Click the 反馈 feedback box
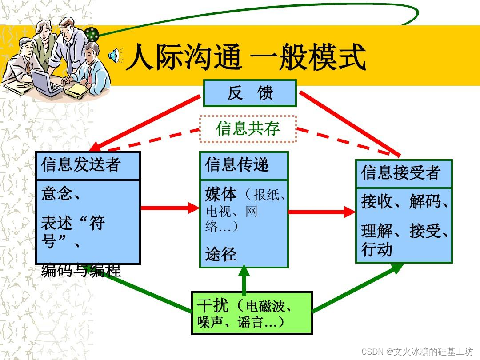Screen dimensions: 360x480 (250, 93)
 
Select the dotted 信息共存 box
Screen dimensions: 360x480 (248, 129)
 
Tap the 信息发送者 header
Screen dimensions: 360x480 (88, 165)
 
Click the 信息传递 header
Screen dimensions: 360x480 (244, 165)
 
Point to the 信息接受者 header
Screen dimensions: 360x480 (404, 173)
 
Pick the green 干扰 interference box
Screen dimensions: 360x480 (252, 313)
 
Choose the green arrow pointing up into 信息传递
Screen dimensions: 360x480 (244, 280)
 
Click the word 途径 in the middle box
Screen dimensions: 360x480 (220, 254)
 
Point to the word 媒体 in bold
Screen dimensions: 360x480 (221, 195)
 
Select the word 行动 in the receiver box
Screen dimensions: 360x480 (377, 249)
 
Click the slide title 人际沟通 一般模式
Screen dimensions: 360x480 (245, 57)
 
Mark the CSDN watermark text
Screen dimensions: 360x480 (417, 352)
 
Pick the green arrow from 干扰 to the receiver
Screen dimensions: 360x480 (356, 289)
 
